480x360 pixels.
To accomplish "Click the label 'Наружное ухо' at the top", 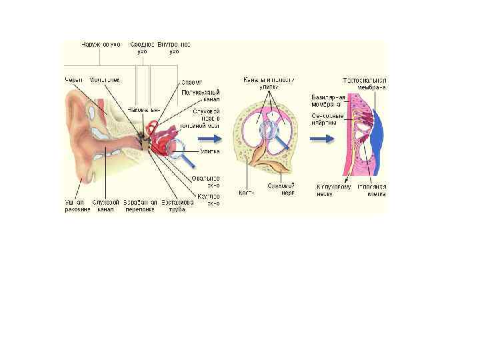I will point(101,44).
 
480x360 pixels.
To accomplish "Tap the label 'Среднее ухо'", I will point(142,47).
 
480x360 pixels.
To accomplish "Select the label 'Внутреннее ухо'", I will point(174,47).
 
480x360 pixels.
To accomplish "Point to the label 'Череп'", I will point(74,80).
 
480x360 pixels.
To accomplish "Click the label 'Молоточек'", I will point(105,80).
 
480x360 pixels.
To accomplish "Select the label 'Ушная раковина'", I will point(77,206).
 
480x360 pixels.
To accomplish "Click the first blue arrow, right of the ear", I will point(210,139).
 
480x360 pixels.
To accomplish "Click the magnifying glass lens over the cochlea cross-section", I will point(270,130).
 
